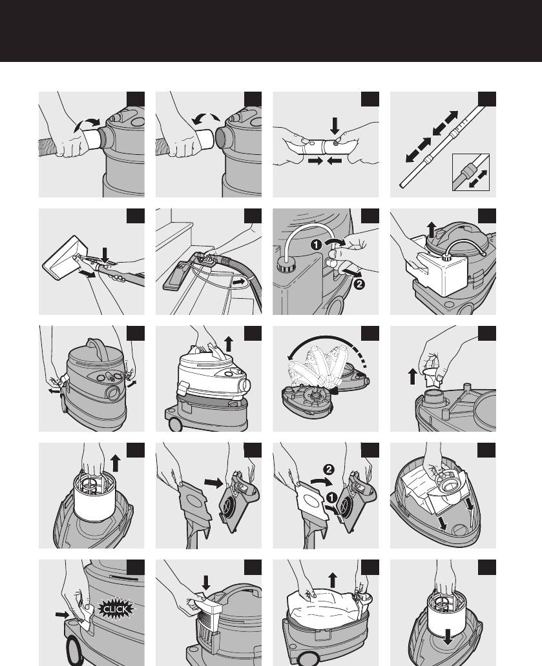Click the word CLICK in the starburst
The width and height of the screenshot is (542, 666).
click(x=116, y=609)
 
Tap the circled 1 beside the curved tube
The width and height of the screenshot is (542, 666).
click(x=316, y=245)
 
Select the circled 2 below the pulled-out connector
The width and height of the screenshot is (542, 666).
click(x=359, y=283)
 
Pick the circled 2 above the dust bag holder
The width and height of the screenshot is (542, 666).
click(x=329, y=469)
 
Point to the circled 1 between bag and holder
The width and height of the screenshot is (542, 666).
click(x=331, y=498)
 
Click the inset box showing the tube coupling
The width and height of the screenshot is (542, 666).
click(x=471, y=172)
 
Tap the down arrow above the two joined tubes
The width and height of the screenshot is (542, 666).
click(x=335, y=126)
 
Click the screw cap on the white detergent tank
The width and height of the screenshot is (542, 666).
click(x=446, y=256)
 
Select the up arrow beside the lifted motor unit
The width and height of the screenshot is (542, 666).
click(x=229, y=343)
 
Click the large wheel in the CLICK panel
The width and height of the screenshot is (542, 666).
click(x=75, y=652)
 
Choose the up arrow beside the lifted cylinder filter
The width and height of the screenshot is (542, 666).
click(x=115, y=463)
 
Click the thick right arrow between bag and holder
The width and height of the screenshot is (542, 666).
click(x=213, y=483)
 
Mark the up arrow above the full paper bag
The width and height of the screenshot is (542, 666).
click(x=333, y=580)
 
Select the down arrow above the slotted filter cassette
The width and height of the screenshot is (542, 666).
click(x=206, y=583)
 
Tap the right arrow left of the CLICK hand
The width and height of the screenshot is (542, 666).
click(x=62, y=614)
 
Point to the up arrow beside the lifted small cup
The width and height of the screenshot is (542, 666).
click(x=412, y=376)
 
